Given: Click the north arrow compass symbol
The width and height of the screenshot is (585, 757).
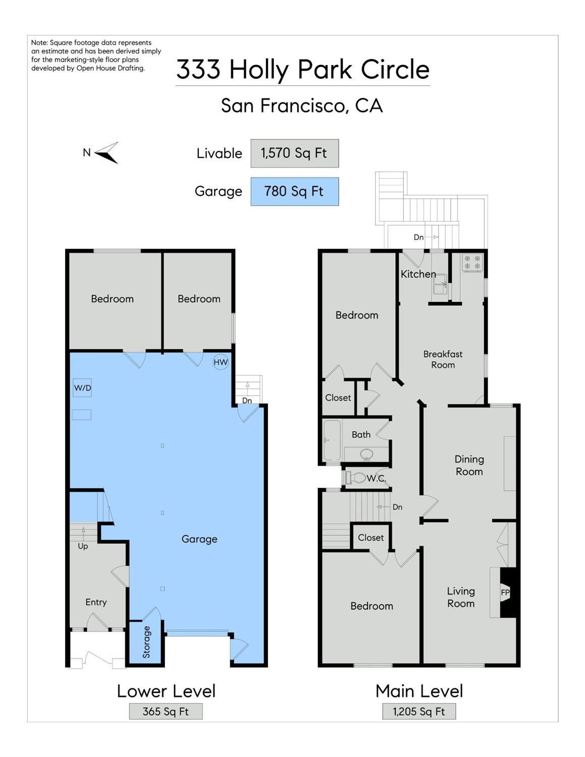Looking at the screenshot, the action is [x=107, y=153].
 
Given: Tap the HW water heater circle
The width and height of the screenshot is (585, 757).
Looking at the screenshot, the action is [x=221, y=362].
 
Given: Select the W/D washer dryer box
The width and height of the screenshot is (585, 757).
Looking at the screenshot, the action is [x=82, y=388].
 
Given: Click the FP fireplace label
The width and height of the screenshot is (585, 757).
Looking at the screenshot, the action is [x=505, y=592].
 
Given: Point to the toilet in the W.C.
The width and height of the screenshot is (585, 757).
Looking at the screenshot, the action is [x=353, y=478].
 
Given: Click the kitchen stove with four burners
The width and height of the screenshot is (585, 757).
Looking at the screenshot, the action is [x=472, y=263].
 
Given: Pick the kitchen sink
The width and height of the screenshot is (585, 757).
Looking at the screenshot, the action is [x=440, y=284].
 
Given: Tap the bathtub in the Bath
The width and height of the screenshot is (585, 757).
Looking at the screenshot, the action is [x=332, y=440].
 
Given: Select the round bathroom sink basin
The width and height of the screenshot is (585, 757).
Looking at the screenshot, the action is [x=366, y=455].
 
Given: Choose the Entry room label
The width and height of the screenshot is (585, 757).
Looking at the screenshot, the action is [x=96, y=602].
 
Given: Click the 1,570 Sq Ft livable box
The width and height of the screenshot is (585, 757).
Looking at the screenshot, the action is [x=295, y=154].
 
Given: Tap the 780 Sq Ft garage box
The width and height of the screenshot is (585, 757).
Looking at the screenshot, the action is [x=295, y=191].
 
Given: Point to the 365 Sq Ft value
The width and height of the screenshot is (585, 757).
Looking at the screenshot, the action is [x=166, y=712].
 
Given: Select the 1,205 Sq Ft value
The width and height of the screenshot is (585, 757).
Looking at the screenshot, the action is [x=419, y=712].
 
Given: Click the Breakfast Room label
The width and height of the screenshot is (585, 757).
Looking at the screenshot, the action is [x=443, y=360].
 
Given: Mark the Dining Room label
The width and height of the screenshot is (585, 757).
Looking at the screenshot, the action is [x=469, y=466].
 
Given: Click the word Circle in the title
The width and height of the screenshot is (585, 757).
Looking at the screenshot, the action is [x=395, y=69].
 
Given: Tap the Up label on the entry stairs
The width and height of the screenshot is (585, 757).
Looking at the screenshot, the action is [x=83, y=546].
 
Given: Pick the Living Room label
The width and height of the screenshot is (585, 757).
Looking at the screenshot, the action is [x=461, y=597].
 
